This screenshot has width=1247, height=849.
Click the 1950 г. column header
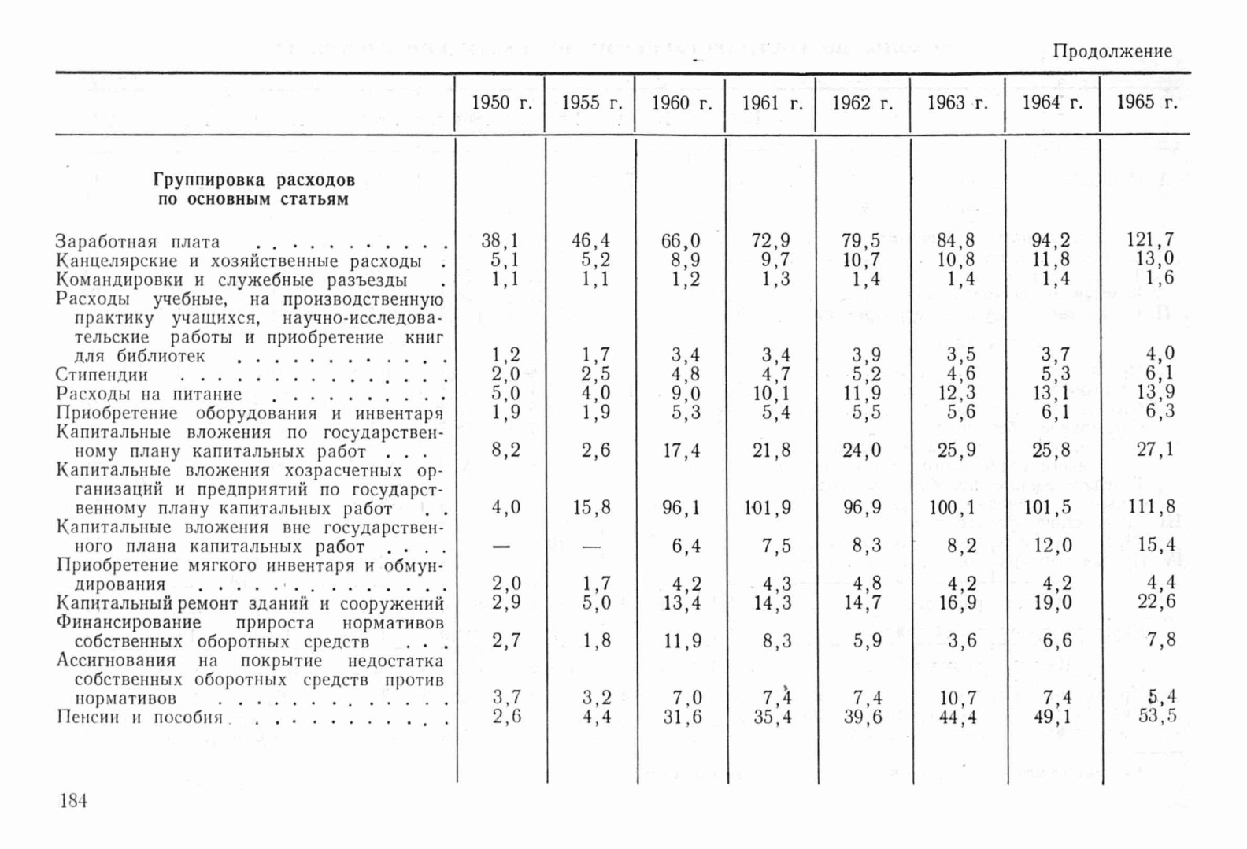pyautogui.click(x=501, y=103)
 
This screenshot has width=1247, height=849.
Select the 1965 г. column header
pyautogui.click(x=1146, y=102)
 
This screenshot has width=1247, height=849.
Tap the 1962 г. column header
pyautogui.click(x=862, y=103)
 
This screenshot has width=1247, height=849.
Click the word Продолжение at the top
pyautogui.click(x=1112, y=52)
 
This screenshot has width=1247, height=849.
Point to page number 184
pyautogui.click(x=73, y=801)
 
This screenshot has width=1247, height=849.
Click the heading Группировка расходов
pyautogui.click(x=253, y=180)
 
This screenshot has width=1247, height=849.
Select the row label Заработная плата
pyautogui.click(x=138, y=242)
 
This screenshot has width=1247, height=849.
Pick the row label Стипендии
pyautogui.click(x=102, y=375)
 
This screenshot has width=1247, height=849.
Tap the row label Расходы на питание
pyautogui.click(x=149, y=394)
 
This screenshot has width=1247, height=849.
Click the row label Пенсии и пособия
pyautogui.click(x=139, y=717)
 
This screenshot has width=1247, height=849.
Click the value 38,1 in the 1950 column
pyautogui.click(x=500, y=241)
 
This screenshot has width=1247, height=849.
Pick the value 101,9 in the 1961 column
pyautogui.click(x=767, y=508)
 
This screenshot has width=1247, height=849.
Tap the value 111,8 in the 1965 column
pyautogui.click(x=1151, y=506)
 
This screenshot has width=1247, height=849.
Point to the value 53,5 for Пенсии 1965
pyautogui.click(x=1156, y=716)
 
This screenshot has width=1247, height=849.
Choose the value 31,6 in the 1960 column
pyautogui.click(x=681, y=717)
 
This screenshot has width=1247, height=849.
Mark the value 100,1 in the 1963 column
pyautogui.click(x=952, y=508)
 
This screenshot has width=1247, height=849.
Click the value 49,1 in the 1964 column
pyautogui.click(x=1051, y=717)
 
